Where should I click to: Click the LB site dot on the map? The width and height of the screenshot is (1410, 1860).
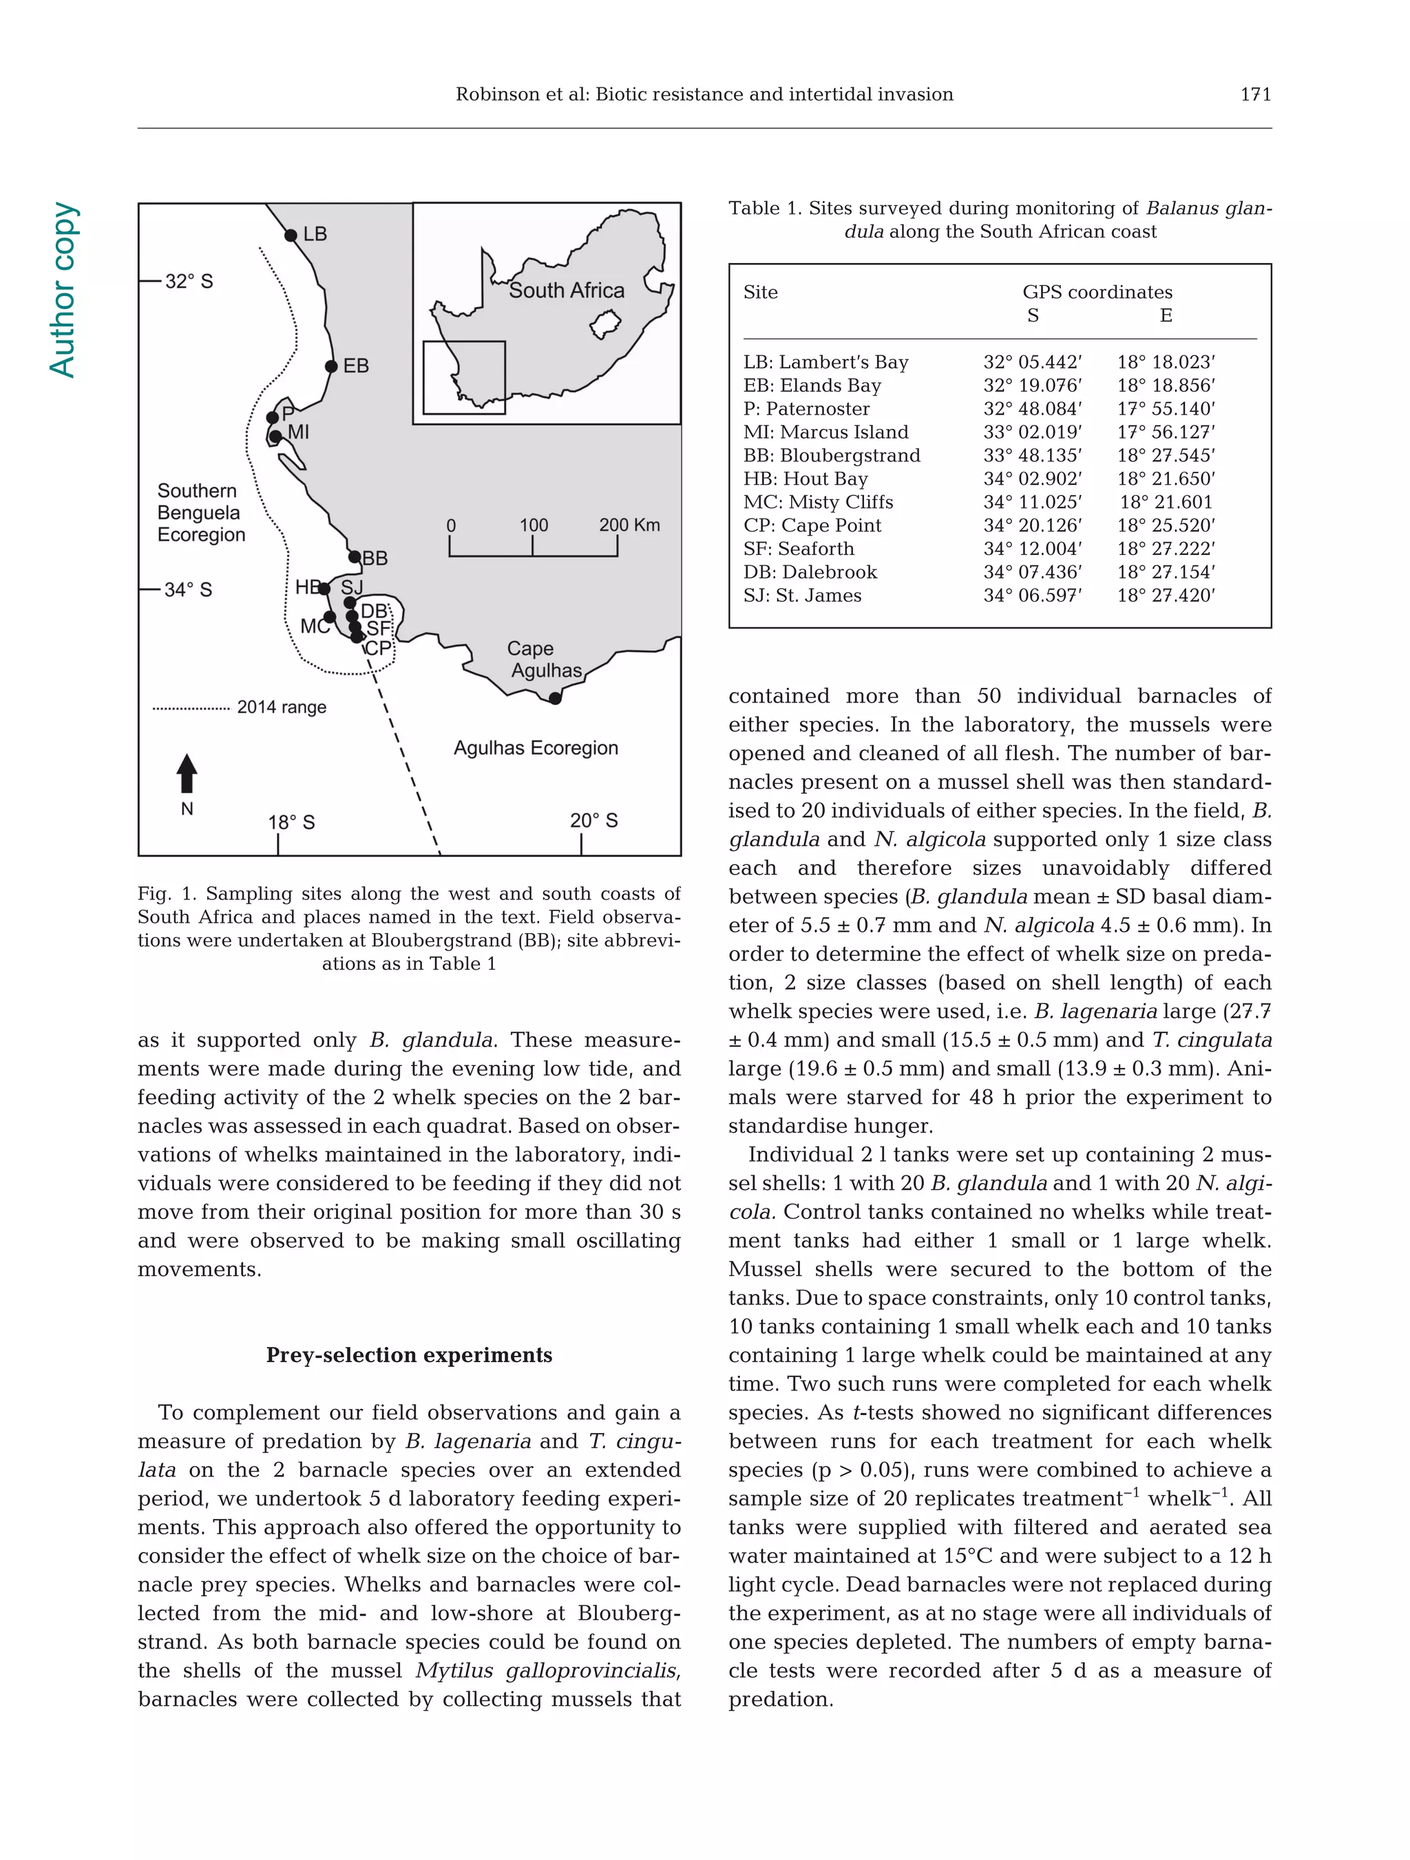coord(291,236)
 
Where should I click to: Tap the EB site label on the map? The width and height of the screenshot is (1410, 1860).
coord(356,366)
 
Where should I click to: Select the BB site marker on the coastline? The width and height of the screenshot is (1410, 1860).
coord(355,556)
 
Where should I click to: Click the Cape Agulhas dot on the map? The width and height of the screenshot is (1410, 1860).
coord(555,698)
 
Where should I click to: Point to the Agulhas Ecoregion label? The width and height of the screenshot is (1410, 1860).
coord(536,748)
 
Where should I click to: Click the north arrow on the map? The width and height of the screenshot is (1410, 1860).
coord(187,773)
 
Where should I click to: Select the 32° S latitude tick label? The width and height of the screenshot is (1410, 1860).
coord(189,281)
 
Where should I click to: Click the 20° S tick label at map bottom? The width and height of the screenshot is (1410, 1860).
coord(593,821)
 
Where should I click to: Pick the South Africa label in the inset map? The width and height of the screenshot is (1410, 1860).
coord(566,290)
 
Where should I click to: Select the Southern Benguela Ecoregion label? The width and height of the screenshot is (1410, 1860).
coord(201,512)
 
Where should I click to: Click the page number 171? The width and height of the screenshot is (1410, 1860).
coord(1255,94)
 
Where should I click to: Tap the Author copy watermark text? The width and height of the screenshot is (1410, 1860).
coord(63,290)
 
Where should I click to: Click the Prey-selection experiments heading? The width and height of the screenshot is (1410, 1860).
coord(409,1355)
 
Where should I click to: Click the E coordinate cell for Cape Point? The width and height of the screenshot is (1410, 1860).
coord(1166,525)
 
